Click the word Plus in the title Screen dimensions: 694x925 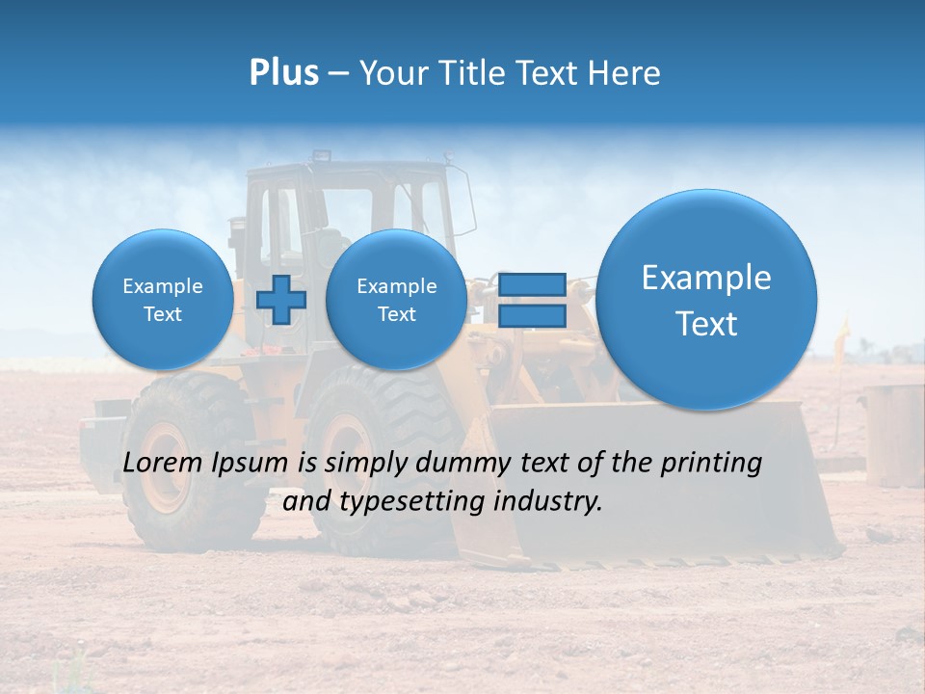coord(283,73)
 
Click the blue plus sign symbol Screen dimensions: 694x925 coord(280,300)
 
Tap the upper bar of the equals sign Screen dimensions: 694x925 coord(532,284)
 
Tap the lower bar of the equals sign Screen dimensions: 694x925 coord(532,316)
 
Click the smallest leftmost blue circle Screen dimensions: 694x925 coord(162,300)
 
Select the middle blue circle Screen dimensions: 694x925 coord(396,300)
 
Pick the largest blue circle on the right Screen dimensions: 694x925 coord(706,300)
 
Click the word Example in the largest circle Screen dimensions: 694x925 coord(706,278)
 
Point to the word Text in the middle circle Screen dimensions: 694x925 coord(396,314)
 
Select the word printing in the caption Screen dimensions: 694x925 coord(714,463)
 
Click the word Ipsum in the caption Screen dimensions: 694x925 coord(250,463)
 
